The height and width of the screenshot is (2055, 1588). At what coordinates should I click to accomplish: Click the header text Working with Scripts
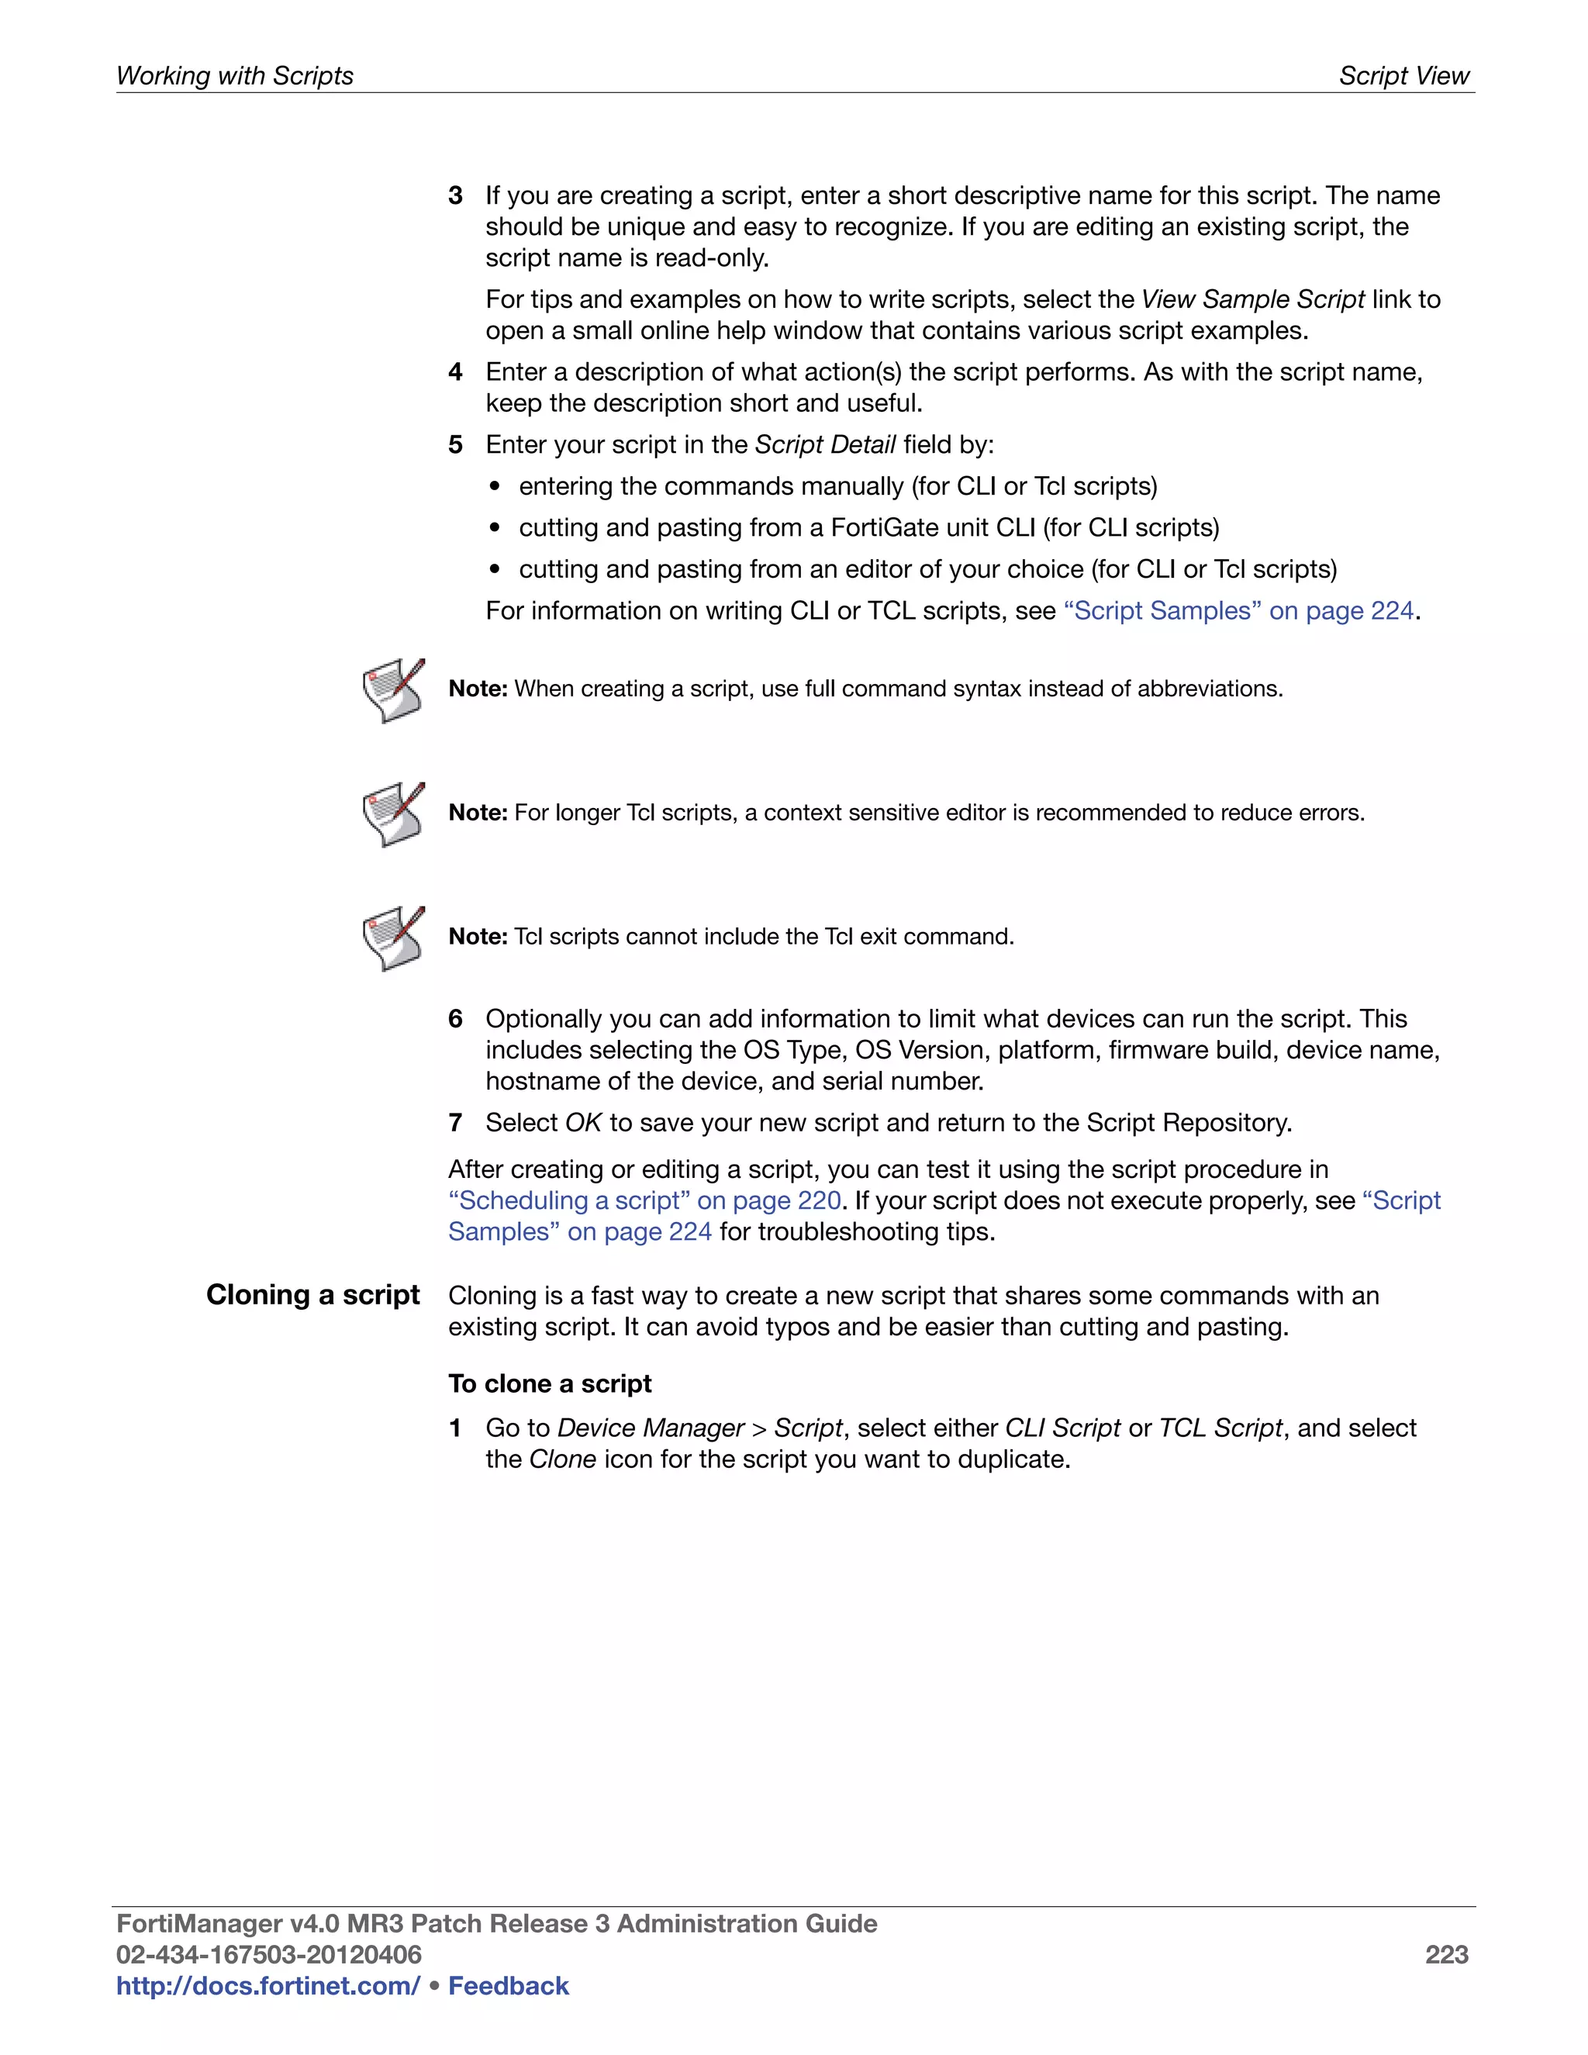(x=234, y=75)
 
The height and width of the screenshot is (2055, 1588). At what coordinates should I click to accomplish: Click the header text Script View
(x=1403, y=75)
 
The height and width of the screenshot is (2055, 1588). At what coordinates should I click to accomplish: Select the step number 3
(x=455, y=195)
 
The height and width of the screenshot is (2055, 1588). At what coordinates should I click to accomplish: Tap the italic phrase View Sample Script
(x=1252, y=299)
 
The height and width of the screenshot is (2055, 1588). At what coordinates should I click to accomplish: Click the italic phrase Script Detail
(x=825, y=444)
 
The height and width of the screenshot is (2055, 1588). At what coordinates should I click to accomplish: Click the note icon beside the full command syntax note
(x=393, y=691)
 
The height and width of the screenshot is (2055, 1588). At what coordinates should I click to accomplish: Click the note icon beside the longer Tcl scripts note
(x=393, y=814)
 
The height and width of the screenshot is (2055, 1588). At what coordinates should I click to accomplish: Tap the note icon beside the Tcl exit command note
(x=393, y=938)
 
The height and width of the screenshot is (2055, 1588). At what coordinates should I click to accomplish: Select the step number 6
(x=455, y=1019)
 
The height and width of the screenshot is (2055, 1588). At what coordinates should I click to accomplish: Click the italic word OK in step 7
(x=582, y=1123)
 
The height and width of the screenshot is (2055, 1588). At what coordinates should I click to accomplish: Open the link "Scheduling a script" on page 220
(x=644, y=1200)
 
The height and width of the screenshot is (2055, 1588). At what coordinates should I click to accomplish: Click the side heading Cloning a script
(x=312, y=1295)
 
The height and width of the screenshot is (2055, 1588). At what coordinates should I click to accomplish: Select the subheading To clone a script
(x=550, y=1383)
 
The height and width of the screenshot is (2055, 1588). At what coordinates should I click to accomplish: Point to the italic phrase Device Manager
(x=650, y=1428)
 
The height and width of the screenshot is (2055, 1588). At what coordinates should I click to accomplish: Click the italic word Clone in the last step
(x=563, y=1459)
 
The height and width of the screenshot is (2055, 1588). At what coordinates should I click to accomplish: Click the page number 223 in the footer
(x=1446, y=1954)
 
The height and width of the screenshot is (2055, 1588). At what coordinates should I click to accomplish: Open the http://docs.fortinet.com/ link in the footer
(x=268, y=1985)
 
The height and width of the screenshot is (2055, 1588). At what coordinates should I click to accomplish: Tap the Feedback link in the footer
(x=508, y=1985)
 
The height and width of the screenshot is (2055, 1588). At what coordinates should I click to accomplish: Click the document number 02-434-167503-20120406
(x=268, y=1954)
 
